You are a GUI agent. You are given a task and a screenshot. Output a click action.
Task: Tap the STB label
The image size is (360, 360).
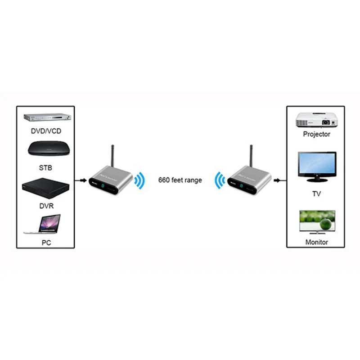45,168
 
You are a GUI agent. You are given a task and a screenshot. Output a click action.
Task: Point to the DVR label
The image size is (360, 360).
45,206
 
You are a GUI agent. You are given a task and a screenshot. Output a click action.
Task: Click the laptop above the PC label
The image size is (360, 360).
44,224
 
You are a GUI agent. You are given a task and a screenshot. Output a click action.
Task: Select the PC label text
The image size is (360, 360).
45,243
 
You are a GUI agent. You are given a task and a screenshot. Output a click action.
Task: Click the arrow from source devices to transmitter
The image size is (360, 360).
81,180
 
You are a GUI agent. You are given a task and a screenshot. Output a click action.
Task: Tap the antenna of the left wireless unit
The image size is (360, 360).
111,155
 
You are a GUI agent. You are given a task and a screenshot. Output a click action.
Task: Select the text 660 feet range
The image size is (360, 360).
180,180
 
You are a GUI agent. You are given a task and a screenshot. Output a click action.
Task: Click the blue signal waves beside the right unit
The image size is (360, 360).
219,181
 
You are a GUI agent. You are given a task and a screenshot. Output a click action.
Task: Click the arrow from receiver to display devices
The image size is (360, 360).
280,180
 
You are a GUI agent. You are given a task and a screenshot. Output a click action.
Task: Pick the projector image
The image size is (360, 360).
316,119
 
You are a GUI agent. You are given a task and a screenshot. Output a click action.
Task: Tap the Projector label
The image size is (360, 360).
316,134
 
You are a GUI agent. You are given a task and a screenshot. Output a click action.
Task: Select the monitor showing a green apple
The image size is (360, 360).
316,222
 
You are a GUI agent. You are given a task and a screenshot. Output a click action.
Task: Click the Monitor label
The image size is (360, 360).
316,242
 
